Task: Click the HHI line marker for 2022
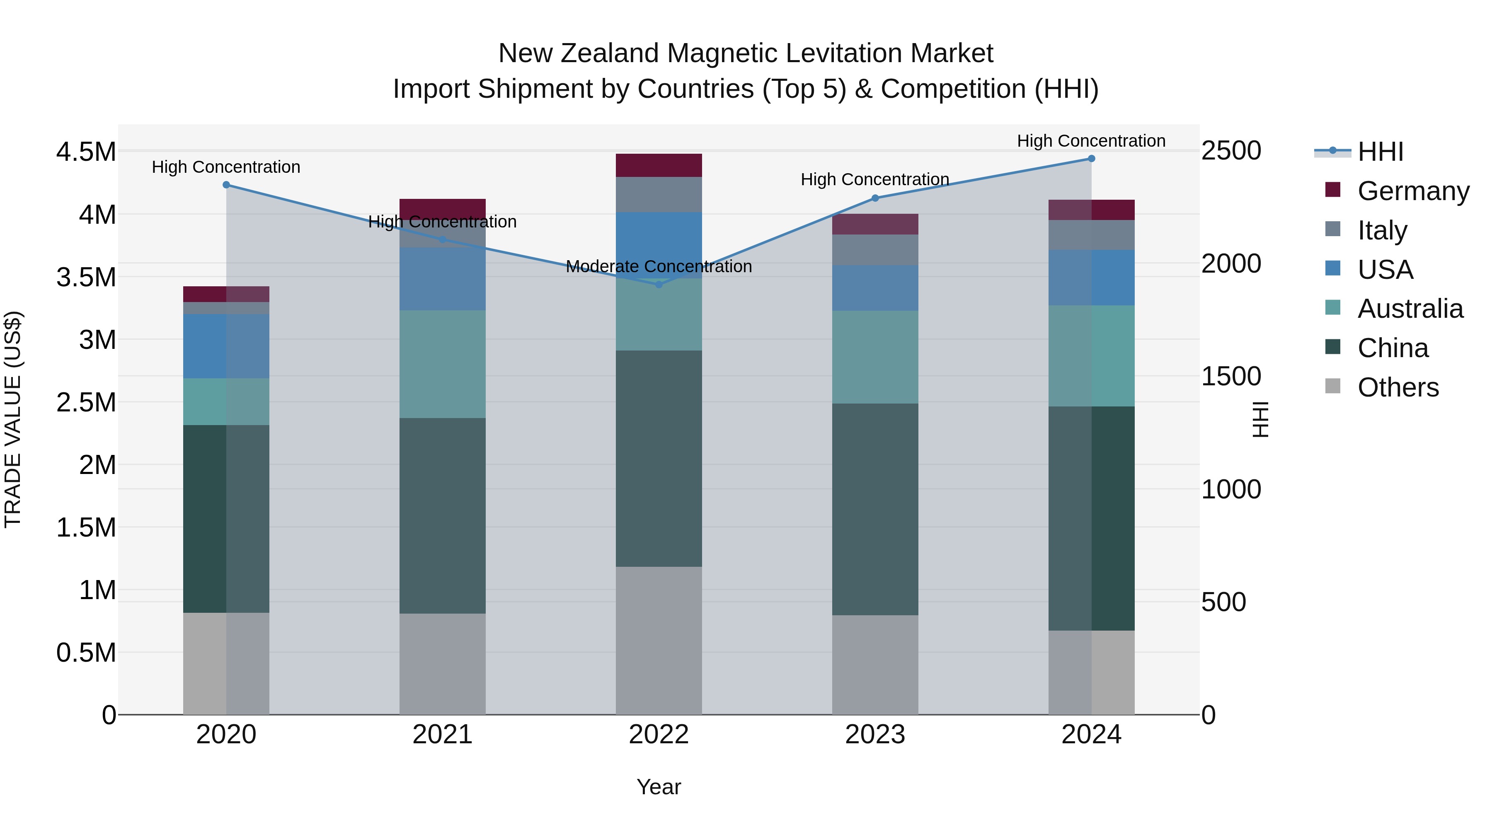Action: (x=659, y=284)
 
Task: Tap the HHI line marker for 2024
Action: (x=1091, y=159)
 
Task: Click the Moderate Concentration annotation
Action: (x=659, y=266)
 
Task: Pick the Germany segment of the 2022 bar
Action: (x=659, y=165)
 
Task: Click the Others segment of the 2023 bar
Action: (x=874, y=664)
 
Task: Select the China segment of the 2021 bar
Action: (x=443, y=515)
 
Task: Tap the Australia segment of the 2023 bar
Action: (x=874, y=357)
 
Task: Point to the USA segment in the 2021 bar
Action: (x=443, y=278)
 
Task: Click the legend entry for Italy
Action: (x=1382, y=230)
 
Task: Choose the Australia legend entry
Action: (x=1410, y=309)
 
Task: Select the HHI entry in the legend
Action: (x=1380, y=152)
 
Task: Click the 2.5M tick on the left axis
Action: (x=86, y=402)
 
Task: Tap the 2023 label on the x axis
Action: (x=874, y=735)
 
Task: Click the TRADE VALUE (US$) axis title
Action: (x=13, y=419)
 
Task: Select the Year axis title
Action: (x=659, y=787)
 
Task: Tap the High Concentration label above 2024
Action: (x=1091, y=141)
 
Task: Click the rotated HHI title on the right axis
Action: (x=1260, y=419)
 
